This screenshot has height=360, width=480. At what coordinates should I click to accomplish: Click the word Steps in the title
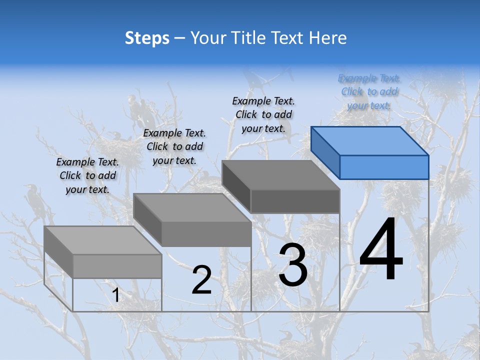click(x=147, y=38)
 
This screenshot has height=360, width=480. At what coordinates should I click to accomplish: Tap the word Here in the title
click(x=328, y=38)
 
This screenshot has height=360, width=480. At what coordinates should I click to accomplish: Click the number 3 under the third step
click(x=293, y=265)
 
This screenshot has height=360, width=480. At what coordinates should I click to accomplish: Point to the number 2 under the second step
click(x=201, y=280)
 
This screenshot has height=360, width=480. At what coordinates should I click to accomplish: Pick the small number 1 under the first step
click(x=115, y=295)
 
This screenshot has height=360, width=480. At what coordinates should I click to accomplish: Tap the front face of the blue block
click(x=384, y=167)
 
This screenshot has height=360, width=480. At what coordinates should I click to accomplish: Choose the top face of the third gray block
click(x=280, y=175)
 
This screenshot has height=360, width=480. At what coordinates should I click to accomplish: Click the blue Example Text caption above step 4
click(x=369, y=92)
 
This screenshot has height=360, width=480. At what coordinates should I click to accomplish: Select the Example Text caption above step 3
click(x=263, y=114)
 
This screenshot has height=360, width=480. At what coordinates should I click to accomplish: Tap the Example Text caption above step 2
click(x=174, y=146)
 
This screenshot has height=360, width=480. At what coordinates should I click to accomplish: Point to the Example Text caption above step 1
click(x=87, y=175)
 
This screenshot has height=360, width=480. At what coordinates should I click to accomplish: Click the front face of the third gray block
click(x=295, y=201)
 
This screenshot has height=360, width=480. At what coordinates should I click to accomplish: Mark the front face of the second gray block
click(x=206, y=234)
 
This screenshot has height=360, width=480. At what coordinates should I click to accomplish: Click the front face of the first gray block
click(x=117, y=266)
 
